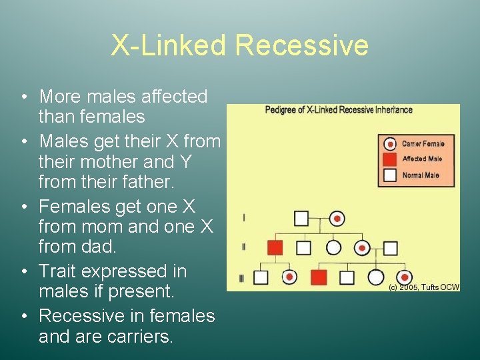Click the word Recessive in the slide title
point(301,45)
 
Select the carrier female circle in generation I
point(337,218)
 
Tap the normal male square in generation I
point(301,218)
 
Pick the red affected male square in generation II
point(275,248)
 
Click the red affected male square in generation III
point(319,277)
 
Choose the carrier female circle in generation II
point(362,248)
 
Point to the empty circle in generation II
point(333,248)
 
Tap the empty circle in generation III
point(376,277)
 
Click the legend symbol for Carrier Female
point(390,143)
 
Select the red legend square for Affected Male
point(390,159)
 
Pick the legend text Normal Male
point(421,175)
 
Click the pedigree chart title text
point(339,110)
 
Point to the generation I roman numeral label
point(243,218)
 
